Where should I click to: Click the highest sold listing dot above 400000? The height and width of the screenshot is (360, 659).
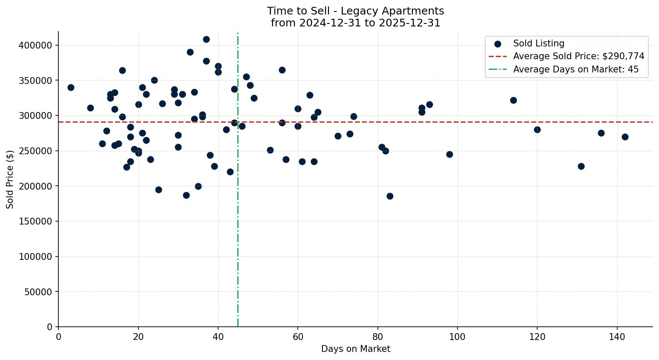pyautogui.click(x=206, y=39)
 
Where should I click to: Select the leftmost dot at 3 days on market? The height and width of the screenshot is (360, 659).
pyautogui.click(x=71, y=87)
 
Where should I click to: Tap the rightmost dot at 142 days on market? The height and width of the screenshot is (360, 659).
pyautogui.click(x=625, y=137)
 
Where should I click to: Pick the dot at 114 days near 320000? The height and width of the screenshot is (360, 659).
pyautogui.click(x=513, y=100)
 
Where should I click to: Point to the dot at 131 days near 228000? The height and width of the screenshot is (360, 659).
pyautogui.click(x=581, y=166)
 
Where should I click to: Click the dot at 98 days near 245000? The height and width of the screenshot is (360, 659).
pyautogui.click(x=449, y=154)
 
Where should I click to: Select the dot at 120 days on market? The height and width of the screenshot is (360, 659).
pyautogui.click(x=537, y=130)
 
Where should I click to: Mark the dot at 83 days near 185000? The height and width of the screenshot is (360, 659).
pyautogui.click(x=390, y=196)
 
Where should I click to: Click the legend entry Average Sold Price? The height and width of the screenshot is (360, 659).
pyautogui.click(x=578, y=56)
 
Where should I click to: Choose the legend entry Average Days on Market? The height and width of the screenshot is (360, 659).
pyautogui.click(x=576, y=69)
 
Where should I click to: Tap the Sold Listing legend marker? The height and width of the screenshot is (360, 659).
pyautogui.click(x=498, y=43)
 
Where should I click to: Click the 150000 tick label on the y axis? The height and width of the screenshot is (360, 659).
pyautogui.click(x=35, y=222)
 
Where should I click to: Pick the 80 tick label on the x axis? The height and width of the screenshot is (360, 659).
pyautogui.click(x=378, y=337)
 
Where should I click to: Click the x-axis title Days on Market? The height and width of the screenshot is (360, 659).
pyautogui.click(x=355, y=349)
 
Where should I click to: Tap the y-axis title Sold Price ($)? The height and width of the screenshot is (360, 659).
pyautogui.click(x=10, y=179)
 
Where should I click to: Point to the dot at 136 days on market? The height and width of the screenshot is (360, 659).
pyautogui.click(x=601, y=133)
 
